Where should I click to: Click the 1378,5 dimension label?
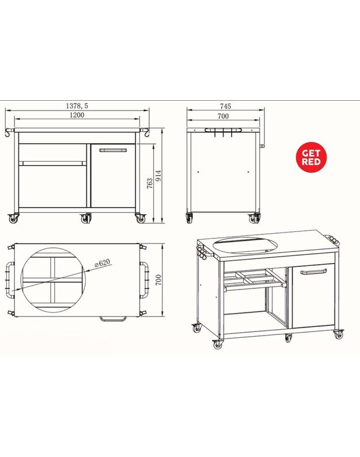(77, 106)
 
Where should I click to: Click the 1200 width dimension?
(77, 115)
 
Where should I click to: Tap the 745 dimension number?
(226, 106)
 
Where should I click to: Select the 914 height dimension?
(158, 176)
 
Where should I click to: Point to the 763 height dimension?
(150, 184)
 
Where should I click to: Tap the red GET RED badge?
(311, 157)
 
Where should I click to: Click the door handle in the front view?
(113, 150)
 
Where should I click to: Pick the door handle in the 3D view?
(313, 272)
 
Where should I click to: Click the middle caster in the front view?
(86, 218)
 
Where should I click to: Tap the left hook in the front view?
(9, 132)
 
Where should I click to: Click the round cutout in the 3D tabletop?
(244, 245)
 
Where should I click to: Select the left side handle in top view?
(10, 280)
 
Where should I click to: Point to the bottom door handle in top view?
(113, 319)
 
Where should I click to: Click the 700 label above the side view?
(223, 116)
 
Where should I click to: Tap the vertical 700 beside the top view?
(158, 280)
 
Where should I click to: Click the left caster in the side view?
(190, 218)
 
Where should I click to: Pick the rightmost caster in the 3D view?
(339, 334)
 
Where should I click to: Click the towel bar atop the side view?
(223, 130)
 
